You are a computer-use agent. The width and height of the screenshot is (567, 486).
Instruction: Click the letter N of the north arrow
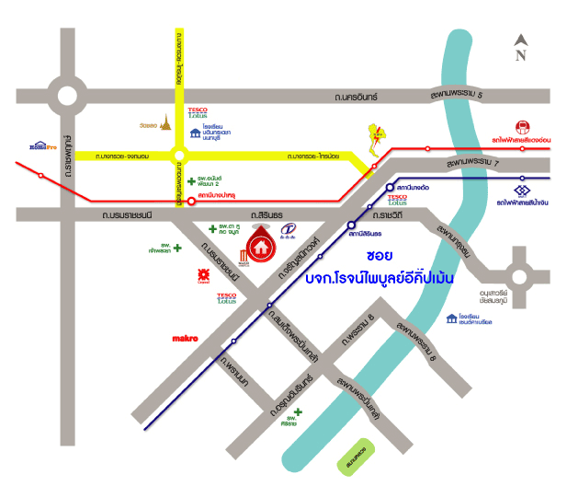(520, 55)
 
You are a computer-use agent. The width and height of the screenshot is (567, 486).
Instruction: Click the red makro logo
(186, 339)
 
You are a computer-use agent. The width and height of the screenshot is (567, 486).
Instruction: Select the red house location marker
(262, 248)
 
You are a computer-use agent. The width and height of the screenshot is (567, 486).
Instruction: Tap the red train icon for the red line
(523, 126)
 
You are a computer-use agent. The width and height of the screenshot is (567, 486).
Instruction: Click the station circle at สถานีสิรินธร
(351, 224)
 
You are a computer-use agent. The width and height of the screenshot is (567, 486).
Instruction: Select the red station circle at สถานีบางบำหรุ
(191, 201)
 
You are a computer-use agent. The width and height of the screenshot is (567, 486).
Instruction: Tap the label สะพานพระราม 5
(462, 95)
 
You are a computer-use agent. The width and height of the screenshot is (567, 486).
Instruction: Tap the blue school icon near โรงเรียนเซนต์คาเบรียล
(451, 318)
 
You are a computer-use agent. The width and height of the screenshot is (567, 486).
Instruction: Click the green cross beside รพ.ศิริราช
(297, 414)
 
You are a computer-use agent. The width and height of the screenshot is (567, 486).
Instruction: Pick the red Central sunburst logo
(203, 274)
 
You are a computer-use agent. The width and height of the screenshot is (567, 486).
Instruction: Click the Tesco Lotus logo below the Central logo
(228, 298)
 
